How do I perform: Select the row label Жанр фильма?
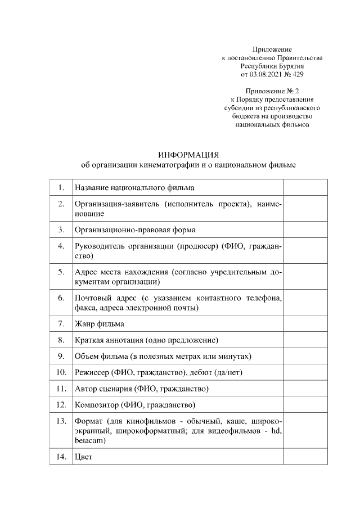100,324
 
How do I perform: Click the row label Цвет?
83,457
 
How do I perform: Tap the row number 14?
60,457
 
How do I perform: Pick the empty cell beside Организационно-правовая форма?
305,229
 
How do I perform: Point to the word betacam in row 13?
89,441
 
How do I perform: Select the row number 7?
60,324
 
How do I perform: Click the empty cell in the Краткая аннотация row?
305,340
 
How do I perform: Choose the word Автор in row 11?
86,389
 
